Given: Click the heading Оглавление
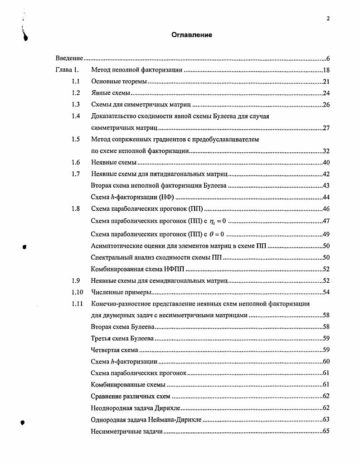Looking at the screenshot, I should tap(192, 35).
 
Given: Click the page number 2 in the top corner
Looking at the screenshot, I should tap(328, 19).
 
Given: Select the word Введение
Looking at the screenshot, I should tap(69, 58).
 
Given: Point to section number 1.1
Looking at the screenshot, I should tap(76, 82).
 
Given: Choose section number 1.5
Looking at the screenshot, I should tap(76, 140).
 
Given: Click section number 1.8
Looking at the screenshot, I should tap(76, 209).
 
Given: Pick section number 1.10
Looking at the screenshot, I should tap(77, 292).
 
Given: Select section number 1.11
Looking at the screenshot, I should tap(77, 304).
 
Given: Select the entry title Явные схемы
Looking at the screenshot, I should tap(111, 93).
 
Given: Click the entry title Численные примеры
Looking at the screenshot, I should tap(121, 292).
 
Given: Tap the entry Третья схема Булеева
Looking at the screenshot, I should tap(122, 339).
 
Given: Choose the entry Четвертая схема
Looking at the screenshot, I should tap(115, 350).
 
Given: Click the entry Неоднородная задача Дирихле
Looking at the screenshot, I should tap(136, 408).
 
